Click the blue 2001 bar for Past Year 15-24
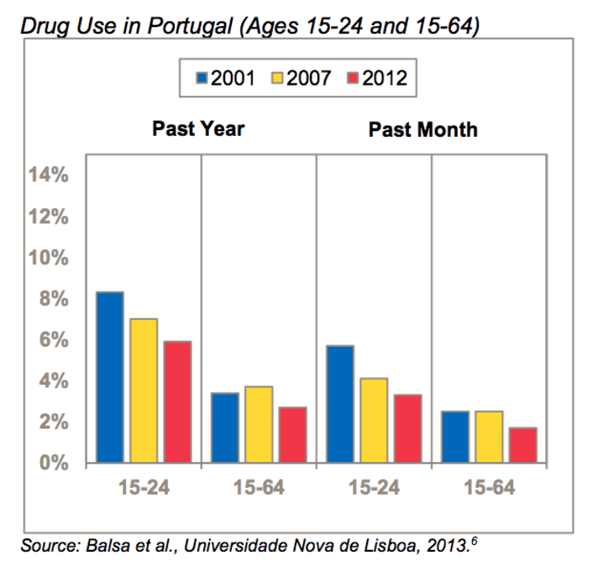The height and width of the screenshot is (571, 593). pos(109,377)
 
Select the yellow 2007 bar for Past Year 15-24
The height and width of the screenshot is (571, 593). pos(143,390)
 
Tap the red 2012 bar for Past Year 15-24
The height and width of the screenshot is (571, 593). pos(177,401)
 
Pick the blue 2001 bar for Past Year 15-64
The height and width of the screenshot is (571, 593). pos(224,427)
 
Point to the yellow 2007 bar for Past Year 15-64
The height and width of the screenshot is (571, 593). pos(259,424)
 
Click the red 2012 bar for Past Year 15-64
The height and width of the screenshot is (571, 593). pos(292,434)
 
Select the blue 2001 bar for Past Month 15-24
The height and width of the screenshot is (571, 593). pos(340,404)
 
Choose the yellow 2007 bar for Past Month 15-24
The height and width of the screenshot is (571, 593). pos(374,420)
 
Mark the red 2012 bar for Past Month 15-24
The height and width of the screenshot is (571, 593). pos(407,428)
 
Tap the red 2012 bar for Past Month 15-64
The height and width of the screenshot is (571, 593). pos(522,445)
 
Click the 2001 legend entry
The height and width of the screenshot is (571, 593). pos(224,79)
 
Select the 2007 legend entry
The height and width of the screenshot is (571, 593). pos(301,79)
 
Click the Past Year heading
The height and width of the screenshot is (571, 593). pos(198,129)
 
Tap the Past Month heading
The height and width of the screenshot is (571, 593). pos(422,129)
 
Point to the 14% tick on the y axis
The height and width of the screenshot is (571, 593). pos(48,175)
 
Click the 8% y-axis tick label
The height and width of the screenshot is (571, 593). pos(53,299)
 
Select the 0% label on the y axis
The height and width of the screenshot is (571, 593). pos(53,463)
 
